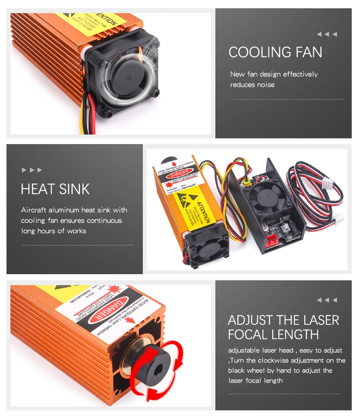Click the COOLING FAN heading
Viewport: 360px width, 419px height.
tap(275, 52)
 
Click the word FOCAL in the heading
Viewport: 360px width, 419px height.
tap(248, 334)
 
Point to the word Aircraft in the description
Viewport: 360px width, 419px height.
tap(34, 210)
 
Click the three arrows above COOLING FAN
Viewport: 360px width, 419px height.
tap(327, 34)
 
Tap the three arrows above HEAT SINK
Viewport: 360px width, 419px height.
tap(32, 170)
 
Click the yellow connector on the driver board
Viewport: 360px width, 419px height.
tap(246, 182)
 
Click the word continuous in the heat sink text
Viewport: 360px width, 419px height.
tap(104, 220)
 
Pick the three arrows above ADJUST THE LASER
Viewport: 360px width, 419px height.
tap(327, 300)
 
